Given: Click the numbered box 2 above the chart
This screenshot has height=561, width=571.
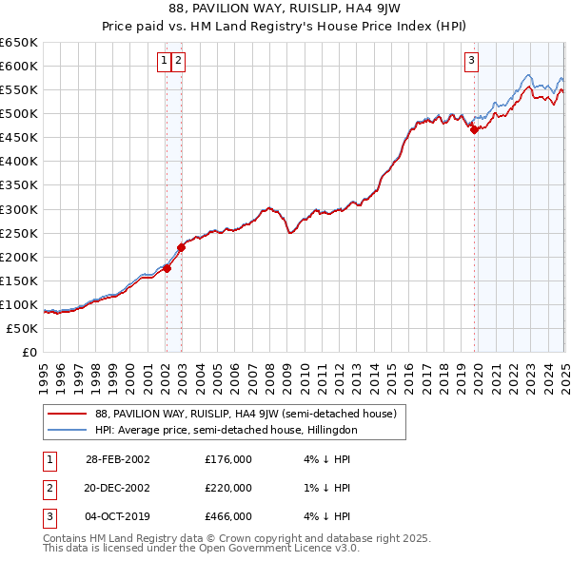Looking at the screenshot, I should pyautogui.click(x=179, y=61).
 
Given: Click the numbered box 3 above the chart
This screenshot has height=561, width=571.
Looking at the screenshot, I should pyautogui.click(x=471, y=61).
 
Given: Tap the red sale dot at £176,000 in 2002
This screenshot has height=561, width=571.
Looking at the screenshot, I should pyautogui.click(x=167, y=268).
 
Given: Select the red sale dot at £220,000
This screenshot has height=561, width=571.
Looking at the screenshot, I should pyautogui.click(x=181, y=247).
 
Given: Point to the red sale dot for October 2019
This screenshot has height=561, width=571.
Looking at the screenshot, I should pyautogui.click(x=474, y=130).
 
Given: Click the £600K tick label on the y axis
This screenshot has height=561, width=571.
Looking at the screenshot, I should pyautogui.click(x=19, y=66).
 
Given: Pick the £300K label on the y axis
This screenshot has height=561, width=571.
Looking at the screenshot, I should pyautogui.click(x=19, y=209).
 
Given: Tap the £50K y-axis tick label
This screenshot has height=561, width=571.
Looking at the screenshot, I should pyautogui.click(x=23, y=328).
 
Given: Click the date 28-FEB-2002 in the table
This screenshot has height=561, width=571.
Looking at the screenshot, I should pyautogui.click(x=118, y=459).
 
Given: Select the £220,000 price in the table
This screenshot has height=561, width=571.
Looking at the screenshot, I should pyautogui.click(x=228, y=488).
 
